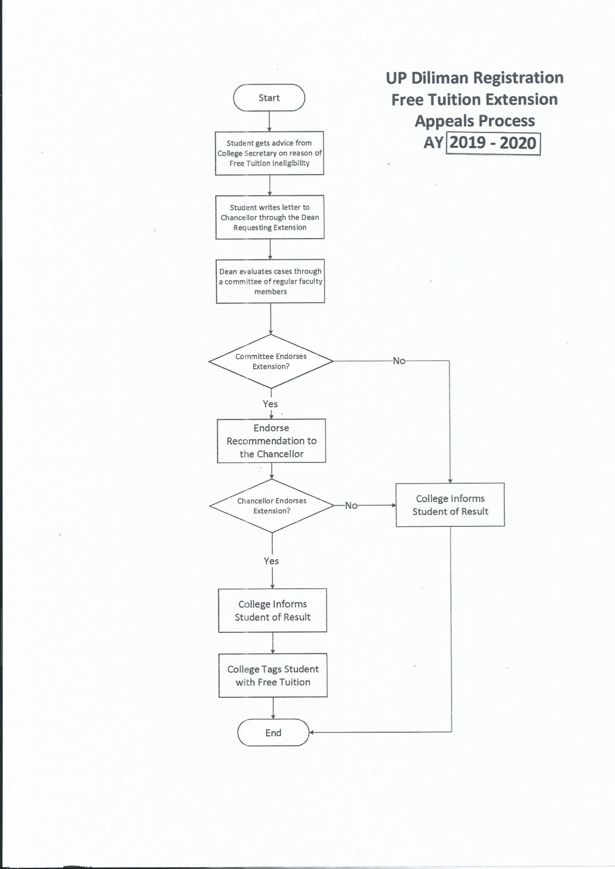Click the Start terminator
269,98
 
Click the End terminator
273,732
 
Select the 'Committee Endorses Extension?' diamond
271,361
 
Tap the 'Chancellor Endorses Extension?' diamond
272,505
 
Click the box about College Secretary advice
270,153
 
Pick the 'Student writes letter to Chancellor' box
270,217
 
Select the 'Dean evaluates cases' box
271,281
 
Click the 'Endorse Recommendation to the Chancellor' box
272,441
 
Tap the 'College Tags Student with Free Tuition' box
273,675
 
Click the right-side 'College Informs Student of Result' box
450,505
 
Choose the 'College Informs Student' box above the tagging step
273,610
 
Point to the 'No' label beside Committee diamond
399,361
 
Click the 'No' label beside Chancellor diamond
351,505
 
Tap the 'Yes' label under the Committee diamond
270,404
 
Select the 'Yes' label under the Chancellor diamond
271,561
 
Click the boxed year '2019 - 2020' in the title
493,143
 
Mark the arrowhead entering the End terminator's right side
312,732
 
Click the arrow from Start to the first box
269,121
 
